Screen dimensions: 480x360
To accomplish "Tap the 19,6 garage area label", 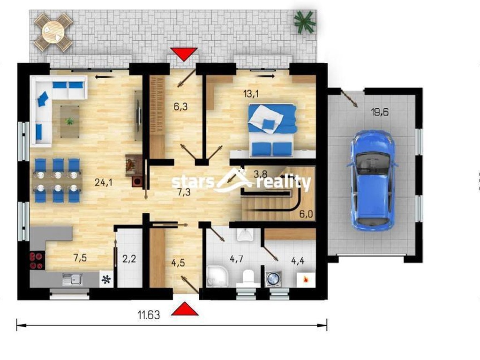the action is point(380,112).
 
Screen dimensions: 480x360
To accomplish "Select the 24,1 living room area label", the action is point(104,182).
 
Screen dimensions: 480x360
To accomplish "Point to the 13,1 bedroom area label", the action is point(251,94).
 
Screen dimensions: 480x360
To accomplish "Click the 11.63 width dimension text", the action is point(149,315).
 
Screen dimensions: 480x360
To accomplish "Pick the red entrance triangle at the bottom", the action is point(185,309).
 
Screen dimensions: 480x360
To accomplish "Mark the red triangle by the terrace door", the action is point(184,54).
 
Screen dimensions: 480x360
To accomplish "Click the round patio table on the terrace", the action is point(53,32).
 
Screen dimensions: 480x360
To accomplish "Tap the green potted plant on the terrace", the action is point(305,22).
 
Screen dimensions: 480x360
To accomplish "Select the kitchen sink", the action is point(73,279).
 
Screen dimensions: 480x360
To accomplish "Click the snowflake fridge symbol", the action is point(106,279).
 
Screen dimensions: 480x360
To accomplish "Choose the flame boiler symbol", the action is point(305,279).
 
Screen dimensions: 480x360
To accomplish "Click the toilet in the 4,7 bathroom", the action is point(247,278).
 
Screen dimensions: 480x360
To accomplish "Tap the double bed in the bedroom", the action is point(272,131).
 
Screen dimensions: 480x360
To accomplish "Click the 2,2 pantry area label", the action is point(129,259).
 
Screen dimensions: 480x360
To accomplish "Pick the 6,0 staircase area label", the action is point(306,214).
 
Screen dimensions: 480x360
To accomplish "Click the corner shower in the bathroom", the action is point(217,277).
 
